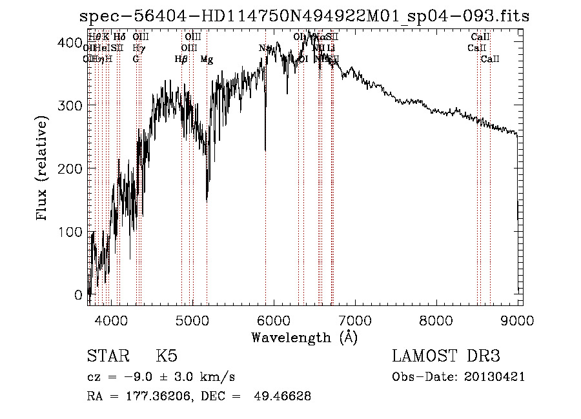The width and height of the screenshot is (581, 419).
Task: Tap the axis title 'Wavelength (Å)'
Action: click(304, 337)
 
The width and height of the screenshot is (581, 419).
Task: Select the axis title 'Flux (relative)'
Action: click(43, 169)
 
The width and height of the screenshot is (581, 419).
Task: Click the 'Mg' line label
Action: click(207, 59)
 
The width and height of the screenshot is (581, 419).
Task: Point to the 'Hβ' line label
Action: click(181, 59)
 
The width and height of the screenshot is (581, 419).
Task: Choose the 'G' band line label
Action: click(136, 59)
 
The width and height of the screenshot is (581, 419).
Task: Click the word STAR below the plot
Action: click(105, 356)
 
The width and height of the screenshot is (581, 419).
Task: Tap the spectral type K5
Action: click(166, 356)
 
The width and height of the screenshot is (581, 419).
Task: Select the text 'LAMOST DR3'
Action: click(446, 356)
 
